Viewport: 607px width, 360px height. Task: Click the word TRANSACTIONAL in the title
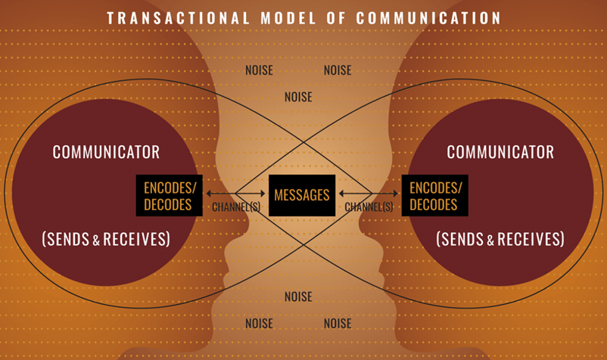tap(178, 18)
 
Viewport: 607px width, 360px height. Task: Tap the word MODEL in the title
tap(288, 18)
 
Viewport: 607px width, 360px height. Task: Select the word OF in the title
tap(336, 18)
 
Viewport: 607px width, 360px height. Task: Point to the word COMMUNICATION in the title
tap(428, 18)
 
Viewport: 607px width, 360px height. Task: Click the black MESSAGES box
tap(302, 195)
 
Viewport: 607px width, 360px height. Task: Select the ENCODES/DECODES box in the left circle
tap(170, 195)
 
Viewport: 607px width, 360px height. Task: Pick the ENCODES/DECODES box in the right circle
tap(434, 195)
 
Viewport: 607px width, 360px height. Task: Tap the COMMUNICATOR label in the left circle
tap(106, 152)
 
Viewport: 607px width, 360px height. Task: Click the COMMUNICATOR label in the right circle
tap(500, 152)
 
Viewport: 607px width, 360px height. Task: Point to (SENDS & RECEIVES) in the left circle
tap(106, 239)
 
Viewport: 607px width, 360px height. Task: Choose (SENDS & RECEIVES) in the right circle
tap(500, 239)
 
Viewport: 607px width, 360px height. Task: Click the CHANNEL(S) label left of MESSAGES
tap(236, 207)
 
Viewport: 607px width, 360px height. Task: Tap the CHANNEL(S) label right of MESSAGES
tap(369, 207)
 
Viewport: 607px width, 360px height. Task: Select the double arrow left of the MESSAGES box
tap(235, 194)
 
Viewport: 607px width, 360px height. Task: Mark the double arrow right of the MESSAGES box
tap(369, 194)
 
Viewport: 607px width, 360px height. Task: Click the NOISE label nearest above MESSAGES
tap(298, 97)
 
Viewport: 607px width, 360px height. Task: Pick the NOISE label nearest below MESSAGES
tap(298, 297)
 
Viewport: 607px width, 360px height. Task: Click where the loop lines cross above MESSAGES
tap(304, 142)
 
